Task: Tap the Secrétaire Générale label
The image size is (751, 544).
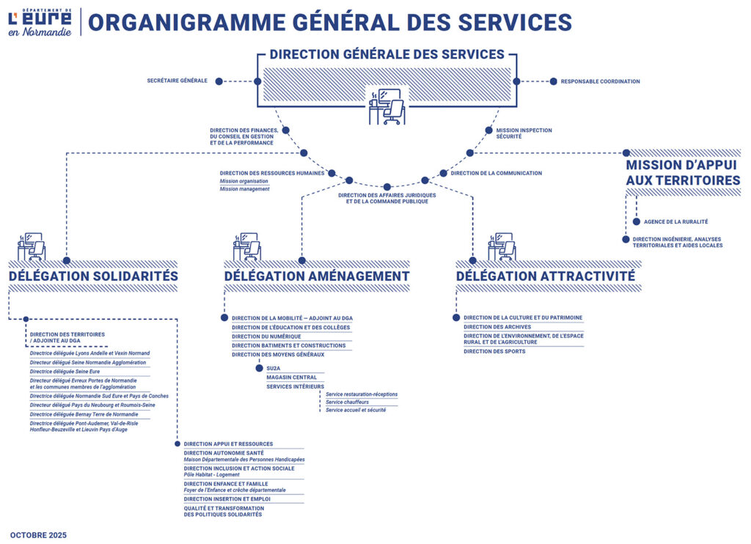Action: point(177,81)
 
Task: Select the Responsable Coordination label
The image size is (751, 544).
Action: point(600,81)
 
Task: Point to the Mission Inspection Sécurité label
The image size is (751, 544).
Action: point(519,133)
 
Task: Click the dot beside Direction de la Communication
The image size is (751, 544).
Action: point(444,174)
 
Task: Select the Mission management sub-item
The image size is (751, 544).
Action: point(244,189)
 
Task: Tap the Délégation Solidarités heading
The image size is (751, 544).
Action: point(93,276)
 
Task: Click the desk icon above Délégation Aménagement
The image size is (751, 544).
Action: point(246,247)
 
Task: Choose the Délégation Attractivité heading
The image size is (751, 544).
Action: point(545,276)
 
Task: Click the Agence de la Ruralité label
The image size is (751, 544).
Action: point(675,221)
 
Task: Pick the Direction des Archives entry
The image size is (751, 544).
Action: point(497,327)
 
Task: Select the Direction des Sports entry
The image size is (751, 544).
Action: point(494,351)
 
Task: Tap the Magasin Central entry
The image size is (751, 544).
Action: point(292,378)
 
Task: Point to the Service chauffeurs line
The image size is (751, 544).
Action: point(347,403)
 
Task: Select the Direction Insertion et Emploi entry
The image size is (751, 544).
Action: point(227,499)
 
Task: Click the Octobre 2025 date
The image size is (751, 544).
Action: point(38,535)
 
